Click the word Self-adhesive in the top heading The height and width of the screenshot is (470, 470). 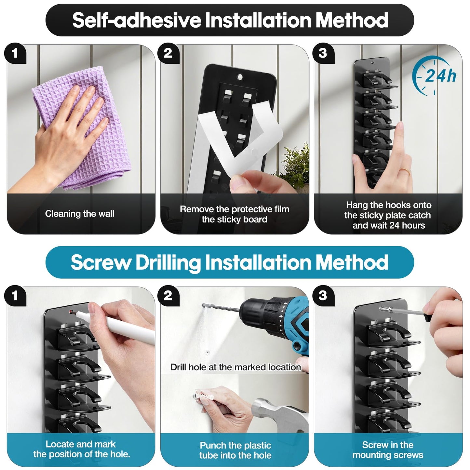[x=137, y=20]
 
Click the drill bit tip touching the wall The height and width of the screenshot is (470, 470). [x=204, y=305]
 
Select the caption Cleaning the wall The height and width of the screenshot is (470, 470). [x=79, y=214]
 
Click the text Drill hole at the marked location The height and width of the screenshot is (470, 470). [x=235, y=367]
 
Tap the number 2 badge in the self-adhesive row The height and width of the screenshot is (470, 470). [x=168, y=53]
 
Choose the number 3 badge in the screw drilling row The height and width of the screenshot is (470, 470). [x=323, y=296]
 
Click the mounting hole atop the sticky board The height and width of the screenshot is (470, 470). [x=240, y=77]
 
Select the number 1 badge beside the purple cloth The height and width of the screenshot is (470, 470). [x=15, y=53]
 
